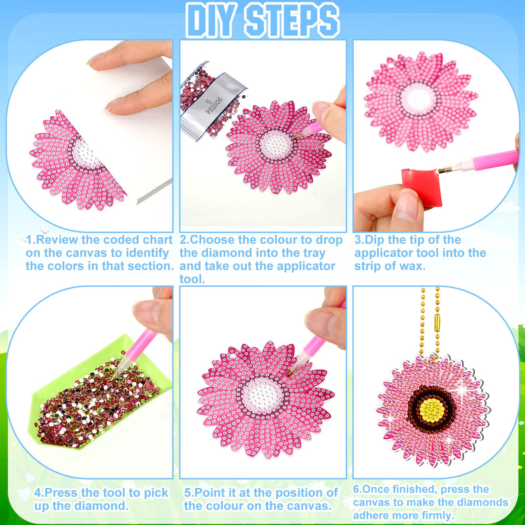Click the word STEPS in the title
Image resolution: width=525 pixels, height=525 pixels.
pyautogui.click(x=291, y=20)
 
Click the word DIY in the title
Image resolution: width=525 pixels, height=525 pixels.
pyautogui.click(x=212, y=20)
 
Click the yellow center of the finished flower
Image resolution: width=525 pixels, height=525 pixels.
pyautogui.click(x=431, y=407)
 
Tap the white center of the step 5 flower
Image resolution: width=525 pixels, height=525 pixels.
pyautogui.click(x=262, y=395)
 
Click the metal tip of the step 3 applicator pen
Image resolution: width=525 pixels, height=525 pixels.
pyautogui.click(x=445, y=170)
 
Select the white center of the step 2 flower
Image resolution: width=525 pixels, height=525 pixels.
pyautogui.click(x=275, y=144)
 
